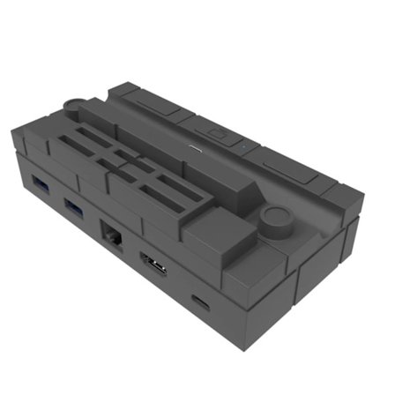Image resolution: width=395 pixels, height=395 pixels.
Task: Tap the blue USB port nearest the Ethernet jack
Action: (x=74, y=208)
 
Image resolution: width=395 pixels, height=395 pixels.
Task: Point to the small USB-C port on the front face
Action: (x=201, y=302)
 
